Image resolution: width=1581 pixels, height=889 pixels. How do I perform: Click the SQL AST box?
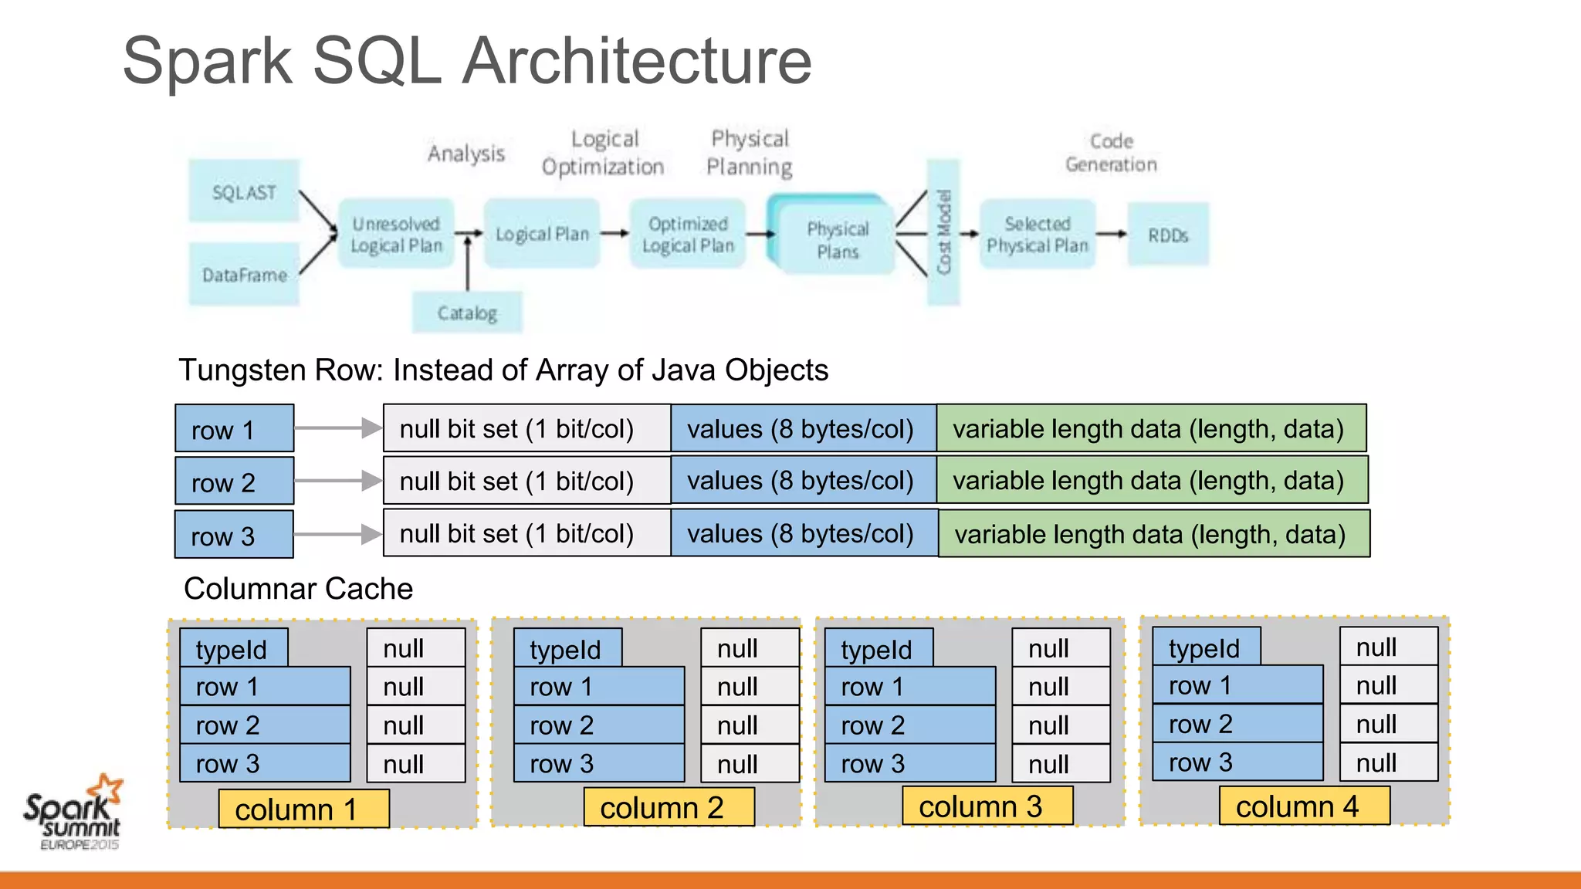[244, 191]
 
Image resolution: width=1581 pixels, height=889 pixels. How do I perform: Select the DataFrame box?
[244, 275]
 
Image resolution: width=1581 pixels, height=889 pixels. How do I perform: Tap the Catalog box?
[467, 313]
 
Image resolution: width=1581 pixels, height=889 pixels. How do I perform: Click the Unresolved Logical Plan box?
[396, 235]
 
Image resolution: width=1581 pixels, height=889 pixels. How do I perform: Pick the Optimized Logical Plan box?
[688, 235]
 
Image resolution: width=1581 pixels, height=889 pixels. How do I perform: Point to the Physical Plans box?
[837, 240]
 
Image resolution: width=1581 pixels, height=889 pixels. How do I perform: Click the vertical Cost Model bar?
[943, 232]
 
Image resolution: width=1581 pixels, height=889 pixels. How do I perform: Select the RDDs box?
[1167, 235]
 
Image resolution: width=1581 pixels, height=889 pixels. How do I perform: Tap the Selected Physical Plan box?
[1038, 235]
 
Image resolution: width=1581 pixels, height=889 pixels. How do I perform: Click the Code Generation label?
[1111, 153]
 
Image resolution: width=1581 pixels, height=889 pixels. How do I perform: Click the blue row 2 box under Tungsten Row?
[234, 481]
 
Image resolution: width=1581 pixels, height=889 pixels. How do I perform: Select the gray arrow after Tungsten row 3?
[338, 534]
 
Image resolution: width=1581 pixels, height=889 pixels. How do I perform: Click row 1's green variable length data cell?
[1150, 428]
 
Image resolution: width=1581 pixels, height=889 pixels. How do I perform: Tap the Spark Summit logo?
[74, 812]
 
